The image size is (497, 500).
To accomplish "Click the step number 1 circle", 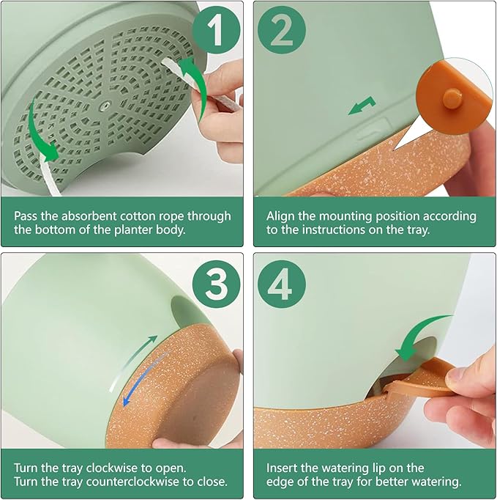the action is [216, 30].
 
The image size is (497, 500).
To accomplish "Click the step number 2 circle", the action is [282, 30].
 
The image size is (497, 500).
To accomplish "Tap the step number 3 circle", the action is [216, 284].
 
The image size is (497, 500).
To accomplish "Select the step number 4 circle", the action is [282, 284].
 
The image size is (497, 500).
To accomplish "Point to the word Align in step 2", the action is [280, 217].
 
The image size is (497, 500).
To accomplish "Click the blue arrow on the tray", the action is [144, 380].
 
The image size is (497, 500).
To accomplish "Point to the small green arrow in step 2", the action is [362, 106].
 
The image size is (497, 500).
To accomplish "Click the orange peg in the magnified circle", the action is [452, 98].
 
